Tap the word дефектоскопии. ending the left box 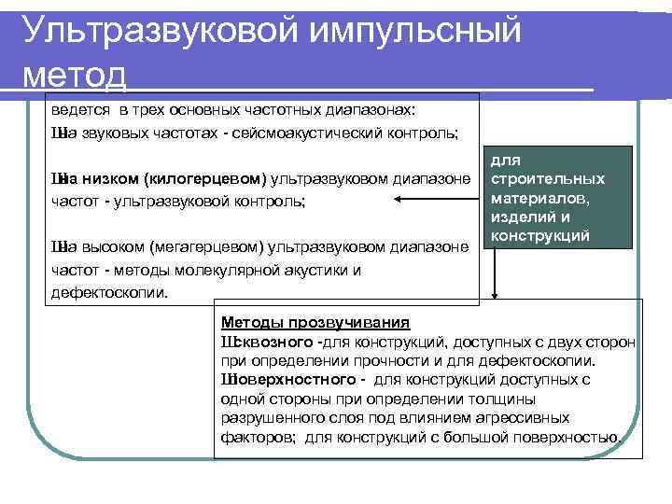109,292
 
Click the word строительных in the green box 549,178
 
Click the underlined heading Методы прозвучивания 315,323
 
